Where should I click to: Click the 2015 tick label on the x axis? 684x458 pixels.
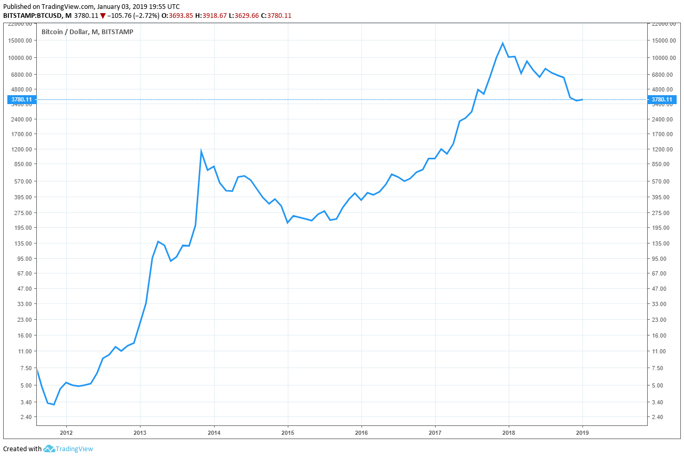287,433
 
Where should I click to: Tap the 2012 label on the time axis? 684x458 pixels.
66,433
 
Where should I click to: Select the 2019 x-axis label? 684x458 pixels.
582,433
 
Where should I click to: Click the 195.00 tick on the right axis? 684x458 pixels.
661,228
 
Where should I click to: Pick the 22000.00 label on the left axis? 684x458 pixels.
20,24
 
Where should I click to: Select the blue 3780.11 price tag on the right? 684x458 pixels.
661,99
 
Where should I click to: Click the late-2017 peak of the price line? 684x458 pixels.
503,43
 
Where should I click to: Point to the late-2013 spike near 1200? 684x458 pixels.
201,151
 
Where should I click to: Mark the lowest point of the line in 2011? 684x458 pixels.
54,404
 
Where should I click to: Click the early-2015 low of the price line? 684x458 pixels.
287,223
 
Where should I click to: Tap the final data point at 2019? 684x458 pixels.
582,99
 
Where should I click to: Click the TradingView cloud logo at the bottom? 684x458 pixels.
49,449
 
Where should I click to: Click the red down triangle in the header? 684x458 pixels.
103,16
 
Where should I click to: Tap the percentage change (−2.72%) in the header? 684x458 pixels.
143,16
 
